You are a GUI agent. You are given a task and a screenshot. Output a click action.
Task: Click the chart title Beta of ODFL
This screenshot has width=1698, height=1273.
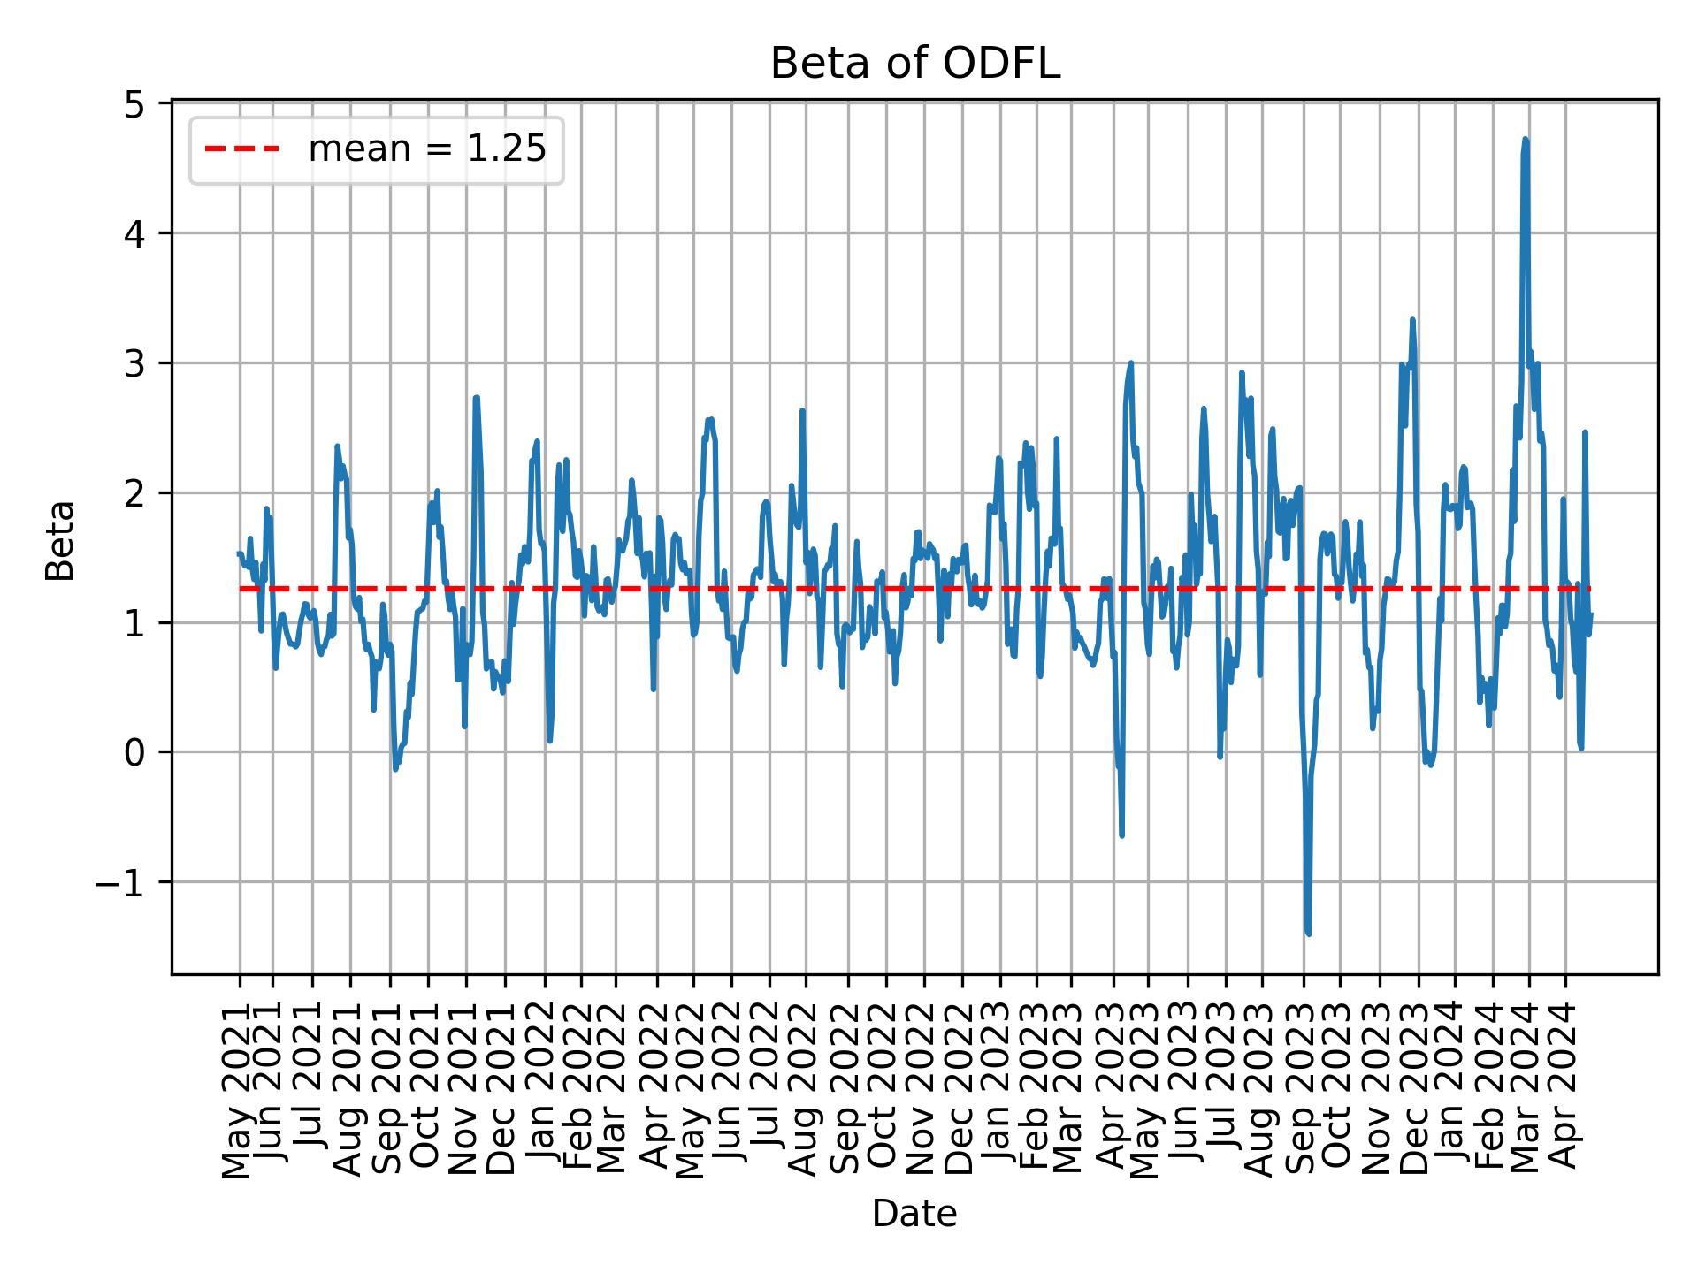click(x=914, y=64)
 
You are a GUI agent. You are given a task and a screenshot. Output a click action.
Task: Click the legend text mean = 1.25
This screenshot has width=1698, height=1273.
click(x=426, y=149)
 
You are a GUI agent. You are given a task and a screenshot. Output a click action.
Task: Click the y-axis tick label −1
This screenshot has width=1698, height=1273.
click(x=119, y=883)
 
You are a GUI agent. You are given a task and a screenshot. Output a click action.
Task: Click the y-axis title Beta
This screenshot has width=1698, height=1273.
click(x=60, y=540)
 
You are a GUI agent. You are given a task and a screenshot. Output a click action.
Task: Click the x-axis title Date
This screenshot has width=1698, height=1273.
click(x=914, y=1214)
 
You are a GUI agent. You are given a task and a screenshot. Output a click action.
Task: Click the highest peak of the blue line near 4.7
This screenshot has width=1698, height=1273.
click(x=1525, y=140)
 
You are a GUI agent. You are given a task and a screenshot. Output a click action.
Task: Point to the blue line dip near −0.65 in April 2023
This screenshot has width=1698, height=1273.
click(x=1121, y=835)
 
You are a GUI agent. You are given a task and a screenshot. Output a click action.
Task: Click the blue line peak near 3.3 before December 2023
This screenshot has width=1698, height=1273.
click(x=1412, y=320)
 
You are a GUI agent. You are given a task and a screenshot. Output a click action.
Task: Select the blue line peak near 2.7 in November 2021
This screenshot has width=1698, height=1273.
click(x=476, y=398)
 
